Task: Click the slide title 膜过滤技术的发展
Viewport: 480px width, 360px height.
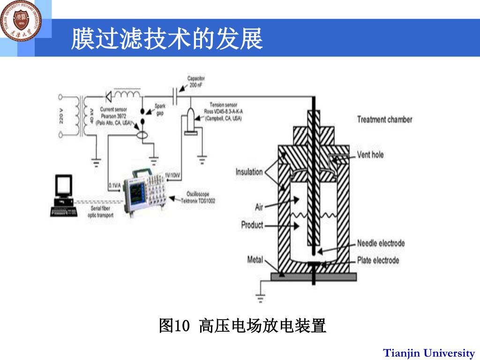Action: tap(166, 39)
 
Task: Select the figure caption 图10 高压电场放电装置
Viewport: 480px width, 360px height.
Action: tap(242, 325)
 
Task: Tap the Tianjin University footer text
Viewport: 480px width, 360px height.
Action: tap(429, 352)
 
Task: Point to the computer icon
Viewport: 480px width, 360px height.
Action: tap(63, 195)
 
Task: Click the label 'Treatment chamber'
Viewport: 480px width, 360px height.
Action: tap(384, 119)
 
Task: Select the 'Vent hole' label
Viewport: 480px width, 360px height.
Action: tap(370, 154)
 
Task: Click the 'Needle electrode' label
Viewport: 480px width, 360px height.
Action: tap(381, 243)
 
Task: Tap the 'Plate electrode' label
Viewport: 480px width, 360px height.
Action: tap(378, 260)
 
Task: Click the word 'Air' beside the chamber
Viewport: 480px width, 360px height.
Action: tap(259, 207)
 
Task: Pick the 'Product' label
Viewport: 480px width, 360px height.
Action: tap(252, 225)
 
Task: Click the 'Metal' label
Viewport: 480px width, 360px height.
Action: tap(255, 259)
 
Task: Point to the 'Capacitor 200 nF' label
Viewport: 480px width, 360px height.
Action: tap(196, 82)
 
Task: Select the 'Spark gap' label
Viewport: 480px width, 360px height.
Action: tap(160, 109)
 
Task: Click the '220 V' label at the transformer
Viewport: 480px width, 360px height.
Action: tap(61, 116)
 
